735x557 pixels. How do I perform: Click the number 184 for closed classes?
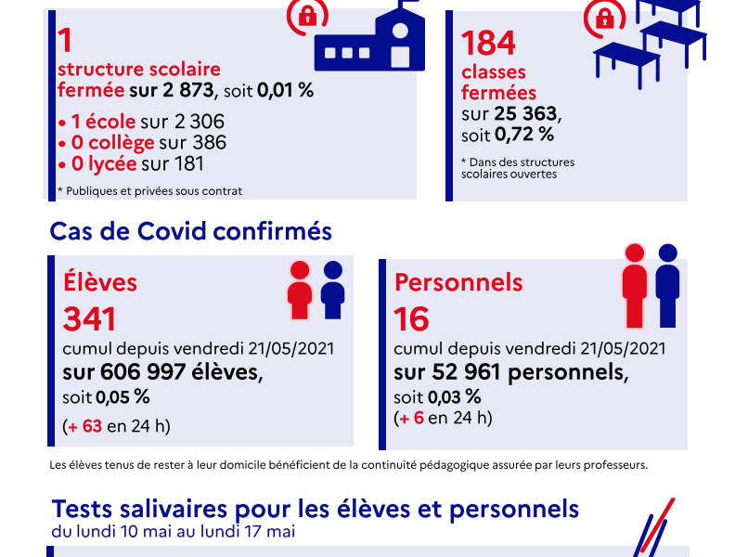point(488,44)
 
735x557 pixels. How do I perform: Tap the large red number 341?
point(89,319)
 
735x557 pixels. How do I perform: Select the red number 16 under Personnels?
point(411,319)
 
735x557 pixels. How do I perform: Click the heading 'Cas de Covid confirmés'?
point(190,231)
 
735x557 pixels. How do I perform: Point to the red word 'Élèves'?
point(99,282)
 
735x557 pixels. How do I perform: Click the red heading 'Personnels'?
point(458,282)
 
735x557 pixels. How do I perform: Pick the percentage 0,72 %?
point(524,134)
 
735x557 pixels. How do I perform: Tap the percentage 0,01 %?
point(285,91)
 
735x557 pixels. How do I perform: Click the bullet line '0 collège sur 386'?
point(142,143)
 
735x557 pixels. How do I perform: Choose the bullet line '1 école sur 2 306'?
point(141,123)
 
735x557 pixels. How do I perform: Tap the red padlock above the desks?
point(604,18)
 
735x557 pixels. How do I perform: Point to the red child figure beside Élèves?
point(300,291)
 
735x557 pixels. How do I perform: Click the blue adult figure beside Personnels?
point(666,285)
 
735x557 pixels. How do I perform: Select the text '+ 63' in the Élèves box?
point(85,427)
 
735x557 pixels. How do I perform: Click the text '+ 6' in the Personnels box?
point(413,418)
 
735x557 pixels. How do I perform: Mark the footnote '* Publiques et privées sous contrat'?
point(149,191)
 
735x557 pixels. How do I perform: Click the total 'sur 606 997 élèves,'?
point(162,372)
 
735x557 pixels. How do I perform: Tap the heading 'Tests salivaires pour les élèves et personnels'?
point(316,510)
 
